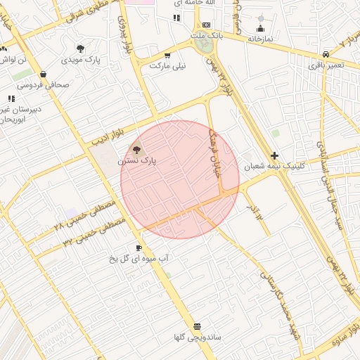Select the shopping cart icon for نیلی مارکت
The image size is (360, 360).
pyautogui.click(x=167, y=55)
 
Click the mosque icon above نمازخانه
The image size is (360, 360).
pyautogui.click(x=261, y=28)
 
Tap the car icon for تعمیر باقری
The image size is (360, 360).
pyautogui.click(x=326, y=54)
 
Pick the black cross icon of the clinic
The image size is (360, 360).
pyautogui.click(x=274, y=155)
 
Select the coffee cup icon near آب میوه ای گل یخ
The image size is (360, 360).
pyautogui.click(x=139, y=247)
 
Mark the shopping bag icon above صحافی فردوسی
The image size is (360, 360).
pyautogui.click(x=43, y=73)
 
